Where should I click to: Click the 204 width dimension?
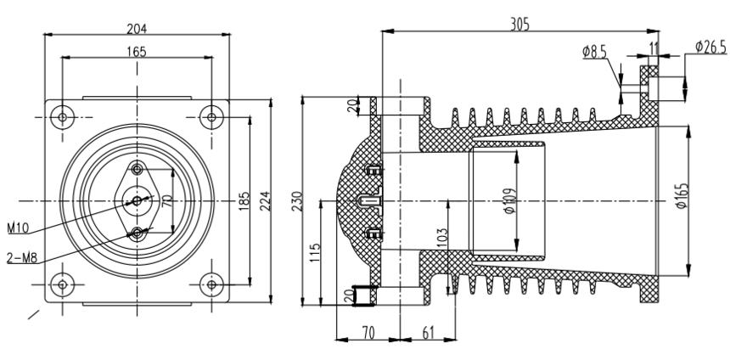click(x=137, y=27)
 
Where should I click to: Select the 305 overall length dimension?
click(x=519, y=25)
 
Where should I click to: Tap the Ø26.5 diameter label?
click(x=710, y=48)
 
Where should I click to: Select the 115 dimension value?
click(x=313, y=252)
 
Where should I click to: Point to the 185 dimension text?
click(x=244, y=200)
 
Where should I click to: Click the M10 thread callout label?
click(x=19, y=228)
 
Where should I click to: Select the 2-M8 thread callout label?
click(x=20, y=256)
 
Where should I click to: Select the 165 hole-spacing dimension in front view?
click(x=137, y=52)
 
